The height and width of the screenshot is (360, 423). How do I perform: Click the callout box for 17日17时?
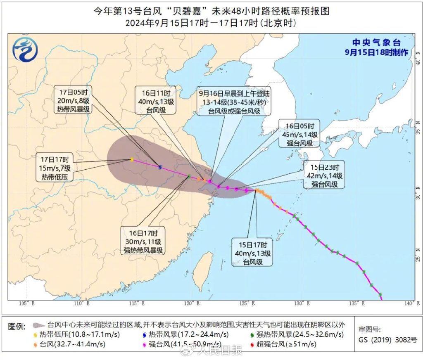tap(56, 168)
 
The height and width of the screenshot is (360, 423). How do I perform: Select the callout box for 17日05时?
tap(74, 100)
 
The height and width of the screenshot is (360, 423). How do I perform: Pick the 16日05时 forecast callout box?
tap(300, 134)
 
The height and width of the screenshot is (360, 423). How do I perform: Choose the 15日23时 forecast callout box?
tap(323, 175)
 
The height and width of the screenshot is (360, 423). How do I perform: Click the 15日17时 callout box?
tap(252, 252)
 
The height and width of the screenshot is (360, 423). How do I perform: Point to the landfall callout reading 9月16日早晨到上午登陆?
tap(234, 102)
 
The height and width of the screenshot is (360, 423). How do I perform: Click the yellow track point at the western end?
tap(131, 159)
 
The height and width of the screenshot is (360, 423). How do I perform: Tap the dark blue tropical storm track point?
tap(160, 167)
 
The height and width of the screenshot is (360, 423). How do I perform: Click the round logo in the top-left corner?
tap(25, 49)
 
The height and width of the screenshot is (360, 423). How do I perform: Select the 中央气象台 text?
tap(376, 43)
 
